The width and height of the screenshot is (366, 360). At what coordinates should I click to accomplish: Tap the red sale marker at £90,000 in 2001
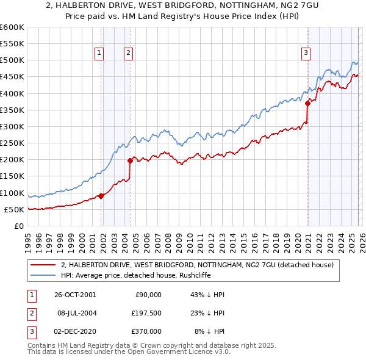coord(101,196)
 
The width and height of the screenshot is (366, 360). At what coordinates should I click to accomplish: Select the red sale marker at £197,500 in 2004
coord(130,160)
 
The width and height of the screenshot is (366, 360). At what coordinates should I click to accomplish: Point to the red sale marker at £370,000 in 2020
coord(307,104)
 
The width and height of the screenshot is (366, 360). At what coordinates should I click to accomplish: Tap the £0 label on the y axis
coord(18,226)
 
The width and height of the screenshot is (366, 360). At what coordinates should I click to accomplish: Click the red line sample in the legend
coord(43,265)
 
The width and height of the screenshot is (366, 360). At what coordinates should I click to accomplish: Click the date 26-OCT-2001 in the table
coord(74,294)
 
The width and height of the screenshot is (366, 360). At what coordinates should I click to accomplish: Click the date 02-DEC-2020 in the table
coord(74,331)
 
